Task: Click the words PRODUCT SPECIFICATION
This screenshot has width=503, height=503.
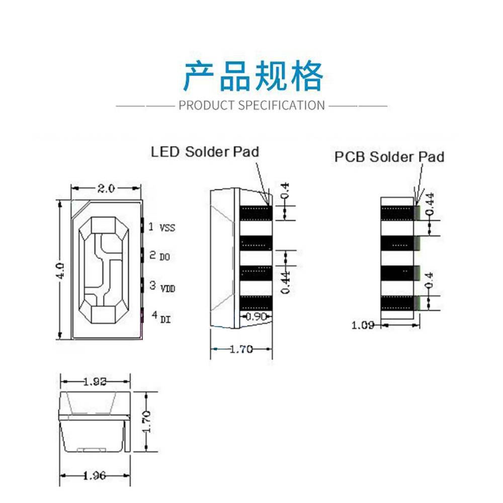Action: (252, 106)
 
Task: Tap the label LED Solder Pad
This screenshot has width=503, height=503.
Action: (205, 151)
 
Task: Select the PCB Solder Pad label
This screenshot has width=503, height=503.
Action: (389, 157)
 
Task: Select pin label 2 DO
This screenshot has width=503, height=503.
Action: (160, 256)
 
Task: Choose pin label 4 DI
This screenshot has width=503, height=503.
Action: (159, 317)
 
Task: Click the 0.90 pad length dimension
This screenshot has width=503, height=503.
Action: (256, 317)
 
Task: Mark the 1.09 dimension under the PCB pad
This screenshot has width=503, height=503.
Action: (363, 325)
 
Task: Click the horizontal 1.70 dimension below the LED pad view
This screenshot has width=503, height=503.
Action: (241, 349)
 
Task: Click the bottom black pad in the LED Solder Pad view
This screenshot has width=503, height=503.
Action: (257, 303)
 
